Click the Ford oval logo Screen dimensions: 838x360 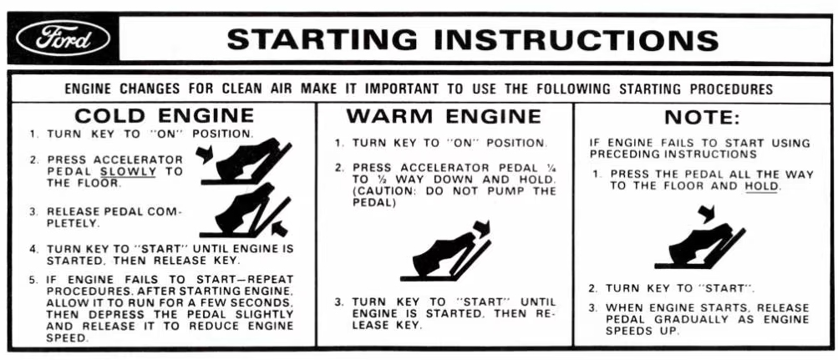[x=63, y=39]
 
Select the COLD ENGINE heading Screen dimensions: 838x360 [x=164, y=115]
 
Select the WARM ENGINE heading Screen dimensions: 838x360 [x=444, y=116]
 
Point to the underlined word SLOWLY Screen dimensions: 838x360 [x=129, y=172]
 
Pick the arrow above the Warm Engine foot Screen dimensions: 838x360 [x=483, y=228]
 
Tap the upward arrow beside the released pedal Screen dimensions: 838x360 [x=280, y=229]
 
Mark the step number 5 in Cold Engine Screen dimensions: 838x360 [x=33, y=280]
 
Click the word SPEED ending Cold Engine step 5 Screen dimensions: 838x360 [x=66, y=338]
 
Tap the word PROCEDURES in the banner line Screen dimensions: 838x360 [x=731, y=89]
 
